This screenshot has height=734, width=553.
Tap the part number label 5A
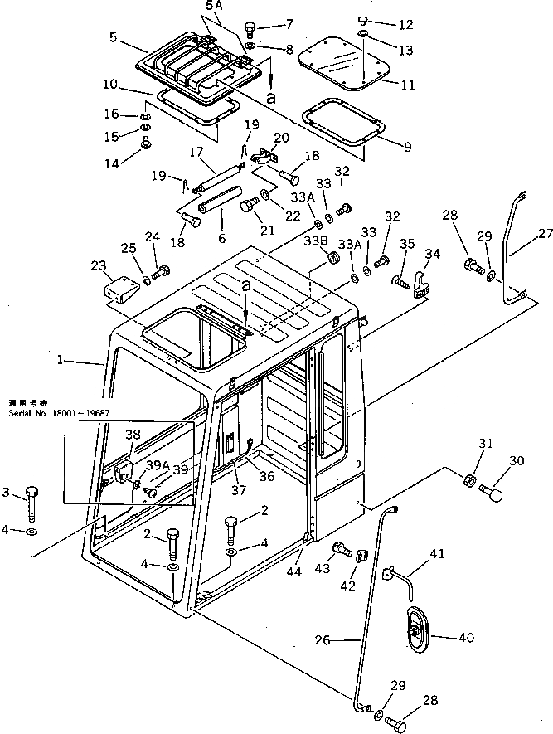(214, 7)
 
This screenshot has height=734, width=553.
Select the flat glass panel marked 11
(341, 65)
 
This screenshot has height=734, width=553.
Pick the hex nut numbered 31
(468, 480)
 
